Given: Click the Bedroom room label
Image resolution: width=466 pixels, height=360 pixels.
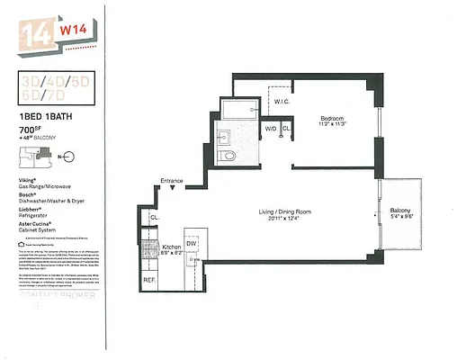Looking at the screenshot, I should (334, 119).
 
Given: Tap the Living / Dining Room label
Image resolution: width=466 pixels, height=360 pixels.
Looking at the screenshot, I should (283, 212).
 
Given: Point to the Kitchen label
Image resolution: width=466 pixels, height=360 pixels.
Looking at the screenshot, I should (171, 246).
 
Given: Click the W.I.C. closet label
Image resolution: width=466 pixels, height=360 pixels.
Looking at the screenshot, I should (279, 102).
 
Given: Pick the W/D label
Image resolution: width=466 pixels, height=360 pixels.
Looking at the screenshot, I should (270, 129).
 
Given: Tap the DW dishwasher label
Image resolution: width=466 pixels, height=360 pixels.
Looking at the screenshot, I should (192, 244).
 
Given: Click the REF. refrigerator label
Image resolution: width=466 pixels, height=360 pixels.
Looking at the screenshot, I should (149, 280).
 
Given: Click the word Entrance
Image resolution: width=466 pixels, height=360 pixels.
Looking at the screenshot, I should (172, 181).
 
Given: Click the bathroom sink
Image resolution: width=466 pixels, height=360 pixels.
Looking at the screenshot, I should (223, 137).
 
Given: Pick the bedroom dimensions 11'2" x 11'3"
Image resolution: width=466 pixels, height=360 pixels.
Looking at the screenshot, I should (334, 127).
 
